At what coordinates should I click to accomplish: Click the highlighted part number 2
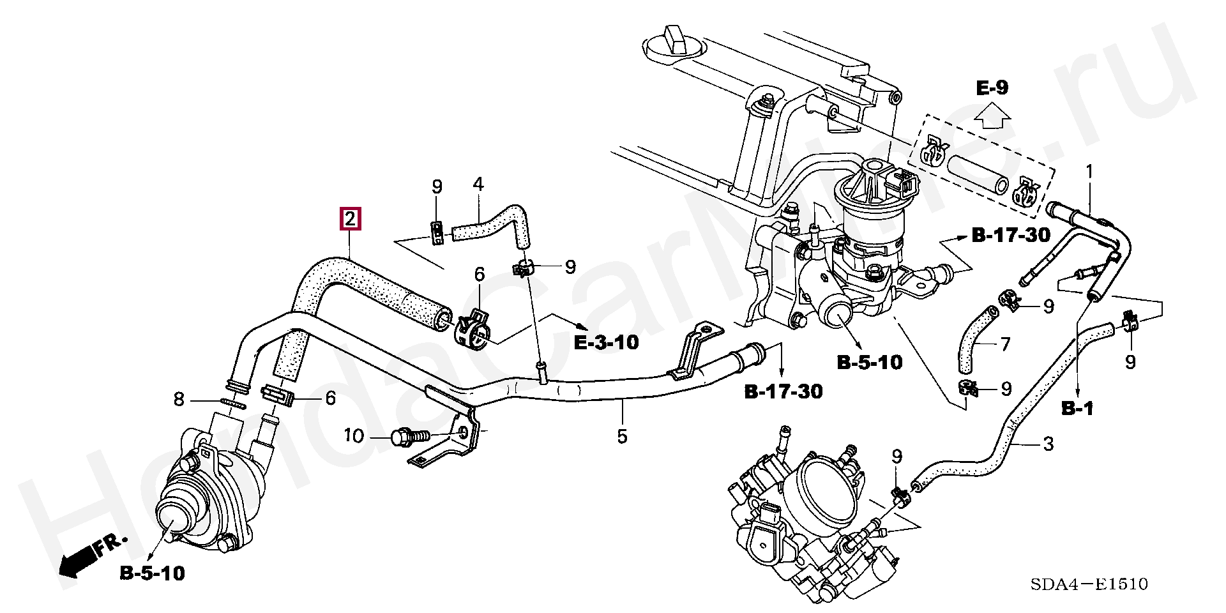351,219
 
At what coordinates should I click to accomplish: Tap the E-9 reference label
992,87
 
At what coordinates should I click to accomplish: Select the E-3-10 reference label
606,342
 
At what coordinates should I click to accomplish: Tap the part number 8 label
179,400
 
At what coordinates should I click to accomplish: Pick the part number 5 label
622,437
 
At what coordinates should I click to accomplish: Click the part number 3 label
1048,444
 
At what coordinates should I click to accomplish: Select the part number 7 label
1005,345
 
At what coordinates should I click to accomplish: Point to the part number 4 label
478,185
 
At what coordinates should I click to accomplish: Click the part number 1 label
1089,172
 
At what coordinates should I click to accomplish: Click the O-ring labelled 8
234,403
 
